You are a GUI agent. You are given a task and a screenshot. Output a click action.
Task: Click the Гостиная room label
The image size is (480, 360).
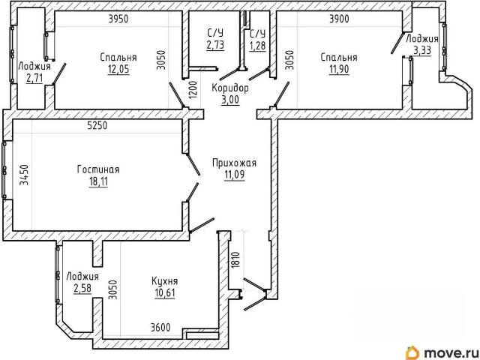pyautogui.click(x=98, y=169)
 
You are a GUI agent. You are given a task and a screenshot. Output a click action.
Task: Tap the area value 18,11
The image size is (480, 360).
pyautogui.click(x=98, y=181)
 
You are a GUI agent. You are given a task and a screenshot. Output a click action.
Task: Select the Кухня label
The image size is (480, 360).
pyautogui.click(x=165, y=280)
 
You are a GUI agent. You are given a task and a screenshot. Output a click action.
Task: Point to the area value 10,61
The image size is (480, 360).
pyautogui.click(x=165, y=293)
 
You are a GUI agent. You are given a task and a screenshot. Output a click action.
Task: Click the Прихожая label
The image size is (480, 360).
pyautogui.click(x=235, y=163)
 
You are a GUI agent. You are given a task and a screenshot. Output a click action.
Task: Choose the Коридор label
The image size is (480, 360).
pyautogui.click(x=230, y=88)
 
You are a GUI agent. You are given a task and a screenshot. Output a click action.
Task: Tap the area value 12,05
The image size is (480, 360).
pyautogui.click(x=118, y=70)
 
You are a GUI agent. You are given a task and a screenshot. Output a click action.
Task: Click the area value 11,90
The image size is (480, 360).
pyautogui.click(x=339, y=70)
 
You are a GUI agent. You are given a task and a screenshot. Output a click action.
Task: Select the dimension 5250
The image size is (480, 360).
pyautogui.click(x=97, y=125)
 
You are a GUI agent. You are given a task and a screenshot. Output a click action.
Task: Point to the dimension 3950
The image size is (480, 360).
pyautogui.click(x=118, y=19)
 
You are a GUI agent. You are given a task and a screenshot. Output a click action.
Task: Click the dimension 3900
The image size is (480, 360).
pyautogui.click(x=339, y=19)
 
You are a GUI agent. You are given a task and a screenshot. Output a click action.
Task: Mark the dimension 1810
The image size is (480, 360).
pyautogui.click(x=235, y=260)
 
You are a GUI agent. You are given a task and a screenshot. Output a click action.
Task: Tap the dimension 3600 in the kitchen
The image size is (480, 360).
pyautogui.click(x=160, y=328)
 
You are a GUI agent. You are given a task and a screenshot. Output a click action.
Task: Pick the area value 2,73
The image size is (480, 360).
pyautogui.click(x=215, y=45)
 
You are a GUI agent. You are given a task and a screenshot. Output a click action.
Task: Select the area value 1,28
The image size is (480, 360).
pyautogui.click(x=257, y=46)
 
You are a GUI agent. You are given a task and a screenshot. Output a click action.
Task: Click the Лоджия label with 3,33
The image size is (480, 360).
pyautogui.click(x=422, y=39)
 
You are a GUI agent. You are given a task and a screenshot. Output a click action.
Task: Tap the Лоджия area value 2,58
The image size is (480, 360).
pyautogui.click(x=82, y=288)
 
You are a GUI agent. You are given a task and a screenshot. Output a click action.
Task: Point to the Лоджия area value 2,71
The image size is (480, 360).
pyautogui.click(x=34, y=78)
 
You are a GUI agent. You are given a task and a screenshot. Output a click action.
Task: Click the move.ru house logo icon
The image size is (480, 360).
pyautogui.click(x=412, y=353)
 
